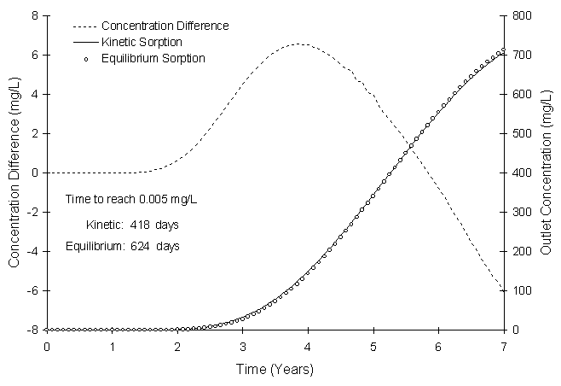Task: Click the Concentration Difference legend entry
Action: (x=165, y=26)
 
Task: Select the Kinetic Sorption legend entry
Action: (x=141, y=42)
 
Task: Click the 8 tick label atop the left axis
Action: (x=33, y=15)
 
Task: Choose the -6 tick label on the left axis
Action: (x=31, y=291)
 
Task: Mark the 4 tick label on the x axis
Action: (x=308, y=346)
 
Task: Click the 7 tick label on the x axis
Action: (x=504, y=346)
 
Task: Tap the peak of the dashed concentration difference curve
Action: (x=300, y=44)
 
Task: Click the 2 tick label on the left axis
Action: (x=33, y=133)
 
